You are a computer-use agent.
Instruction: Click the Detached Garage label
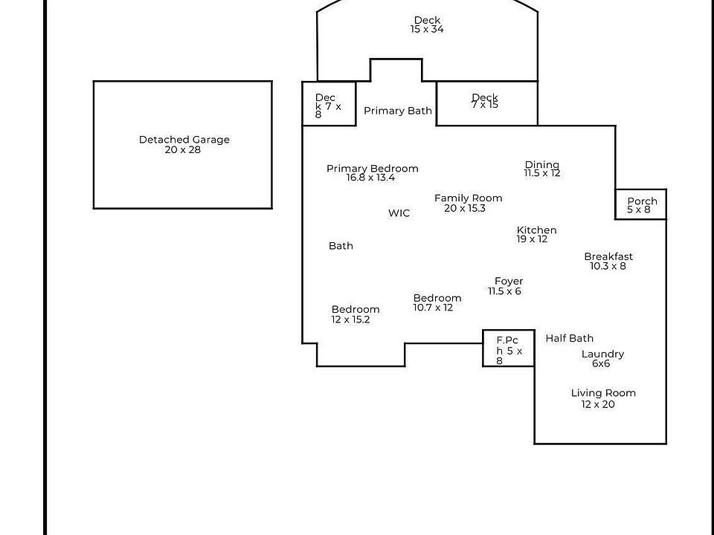(x=184, y=140)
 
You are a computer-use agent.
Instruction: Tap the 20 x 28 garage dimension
(x=183, y=149)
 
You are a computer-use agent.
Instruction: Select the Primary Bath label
(x=398, y=111)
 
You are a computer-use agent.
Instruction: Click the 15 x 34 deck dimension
(x=427, y=29)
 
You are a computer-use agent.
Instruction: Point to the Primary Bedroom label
(x=373, y=169)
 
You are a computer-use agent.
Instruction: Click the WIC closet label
(x=399, y=213)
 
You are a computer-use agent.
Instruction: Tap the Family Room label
(x=468, y=198)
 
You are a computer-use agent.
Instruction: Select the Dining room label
(x=542, y=165)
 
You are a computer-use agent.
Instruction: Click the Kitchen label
(x=536, y=230)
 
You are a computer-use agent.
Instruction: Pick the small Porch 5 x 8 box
(x=641, y=204)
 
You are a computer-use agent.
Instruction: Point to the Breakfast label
(x=608, y=256)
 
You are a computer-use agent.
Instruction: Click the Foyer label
(x=509, y=281)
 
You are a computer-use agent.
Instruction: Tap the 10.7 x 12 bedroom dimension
(x=433, y=308)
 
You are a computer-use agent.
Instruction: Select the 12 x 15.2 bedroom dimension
(x=350, y=320)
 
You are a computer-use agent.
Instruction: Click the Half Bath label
(x=569, y=338)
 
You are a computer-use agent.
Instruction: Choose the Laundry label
(x=602, y=354)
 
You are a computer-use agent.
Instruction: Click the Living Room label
(x=603, y=393)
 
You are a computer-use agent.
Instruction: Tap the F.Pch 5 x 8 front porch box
(x=509, y=348)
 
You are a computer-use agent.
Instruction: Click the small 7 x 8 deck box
(x=329, y=104)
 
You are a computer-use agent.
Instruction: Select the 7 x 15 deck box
(x=487, y=103)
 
